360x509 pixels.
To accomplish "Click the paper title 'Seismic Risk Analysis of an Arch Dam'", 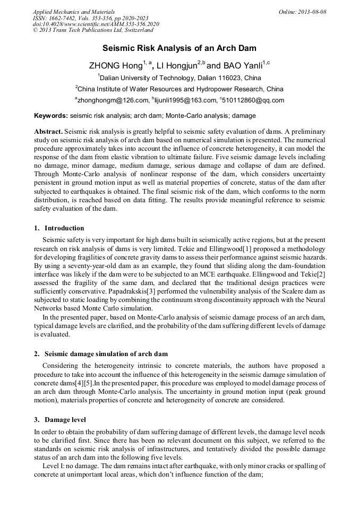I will pos(179,48).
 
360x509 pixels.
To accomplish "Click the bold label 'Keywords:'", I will pos(51,115).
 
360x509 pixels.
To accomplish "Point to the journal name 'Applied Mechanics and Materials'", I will pos(74,12).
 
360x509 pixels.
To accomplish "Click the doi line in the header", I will pos(96,24).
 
